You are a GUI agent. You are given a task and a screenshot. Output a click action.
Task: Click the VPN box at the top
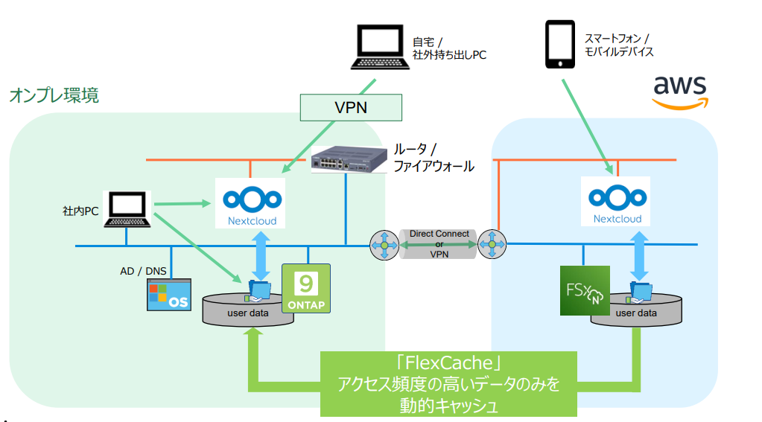tap(351, 107)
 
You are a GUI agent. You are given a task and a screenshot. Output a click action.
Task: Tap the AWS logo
tap(680, 92)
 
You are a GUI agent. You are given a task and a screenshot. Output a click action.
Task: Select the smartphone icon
tap(561, 44)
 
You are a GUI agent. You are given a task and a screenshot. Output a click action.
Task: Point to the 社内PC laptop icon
tap(129, 210)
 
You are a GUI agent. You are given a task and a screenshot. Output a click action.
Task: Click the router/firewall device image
tap(349, 159)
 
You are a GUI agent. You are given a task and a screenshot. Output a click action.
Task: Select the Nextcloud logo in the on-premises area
tap(252, 202)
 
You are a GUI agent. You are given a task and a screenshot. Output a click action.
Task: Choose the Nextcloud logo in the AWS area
tap(617, 201)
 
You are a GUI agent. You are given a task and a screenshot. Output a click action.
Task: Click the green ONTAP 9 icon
tap(305, 288)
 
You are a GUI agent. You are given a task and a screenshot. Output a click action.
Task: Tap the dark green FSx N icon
tap(585, 290)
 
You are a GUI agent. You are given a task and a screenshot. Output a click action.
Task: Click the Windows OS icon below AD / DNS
tap(168, 295)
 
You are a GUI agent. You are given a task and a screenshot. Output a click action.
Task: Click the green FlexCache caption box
tap(448, 383)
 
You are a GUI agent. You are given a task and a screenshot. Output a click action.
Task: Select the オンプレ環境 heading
tap(54, 95)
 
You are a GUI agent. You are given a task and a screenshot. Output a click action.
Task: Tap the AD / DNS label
tap(138, 271)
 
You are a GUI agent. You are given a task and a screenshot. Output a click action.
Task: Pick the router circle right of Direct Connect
tap(492, 243)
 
